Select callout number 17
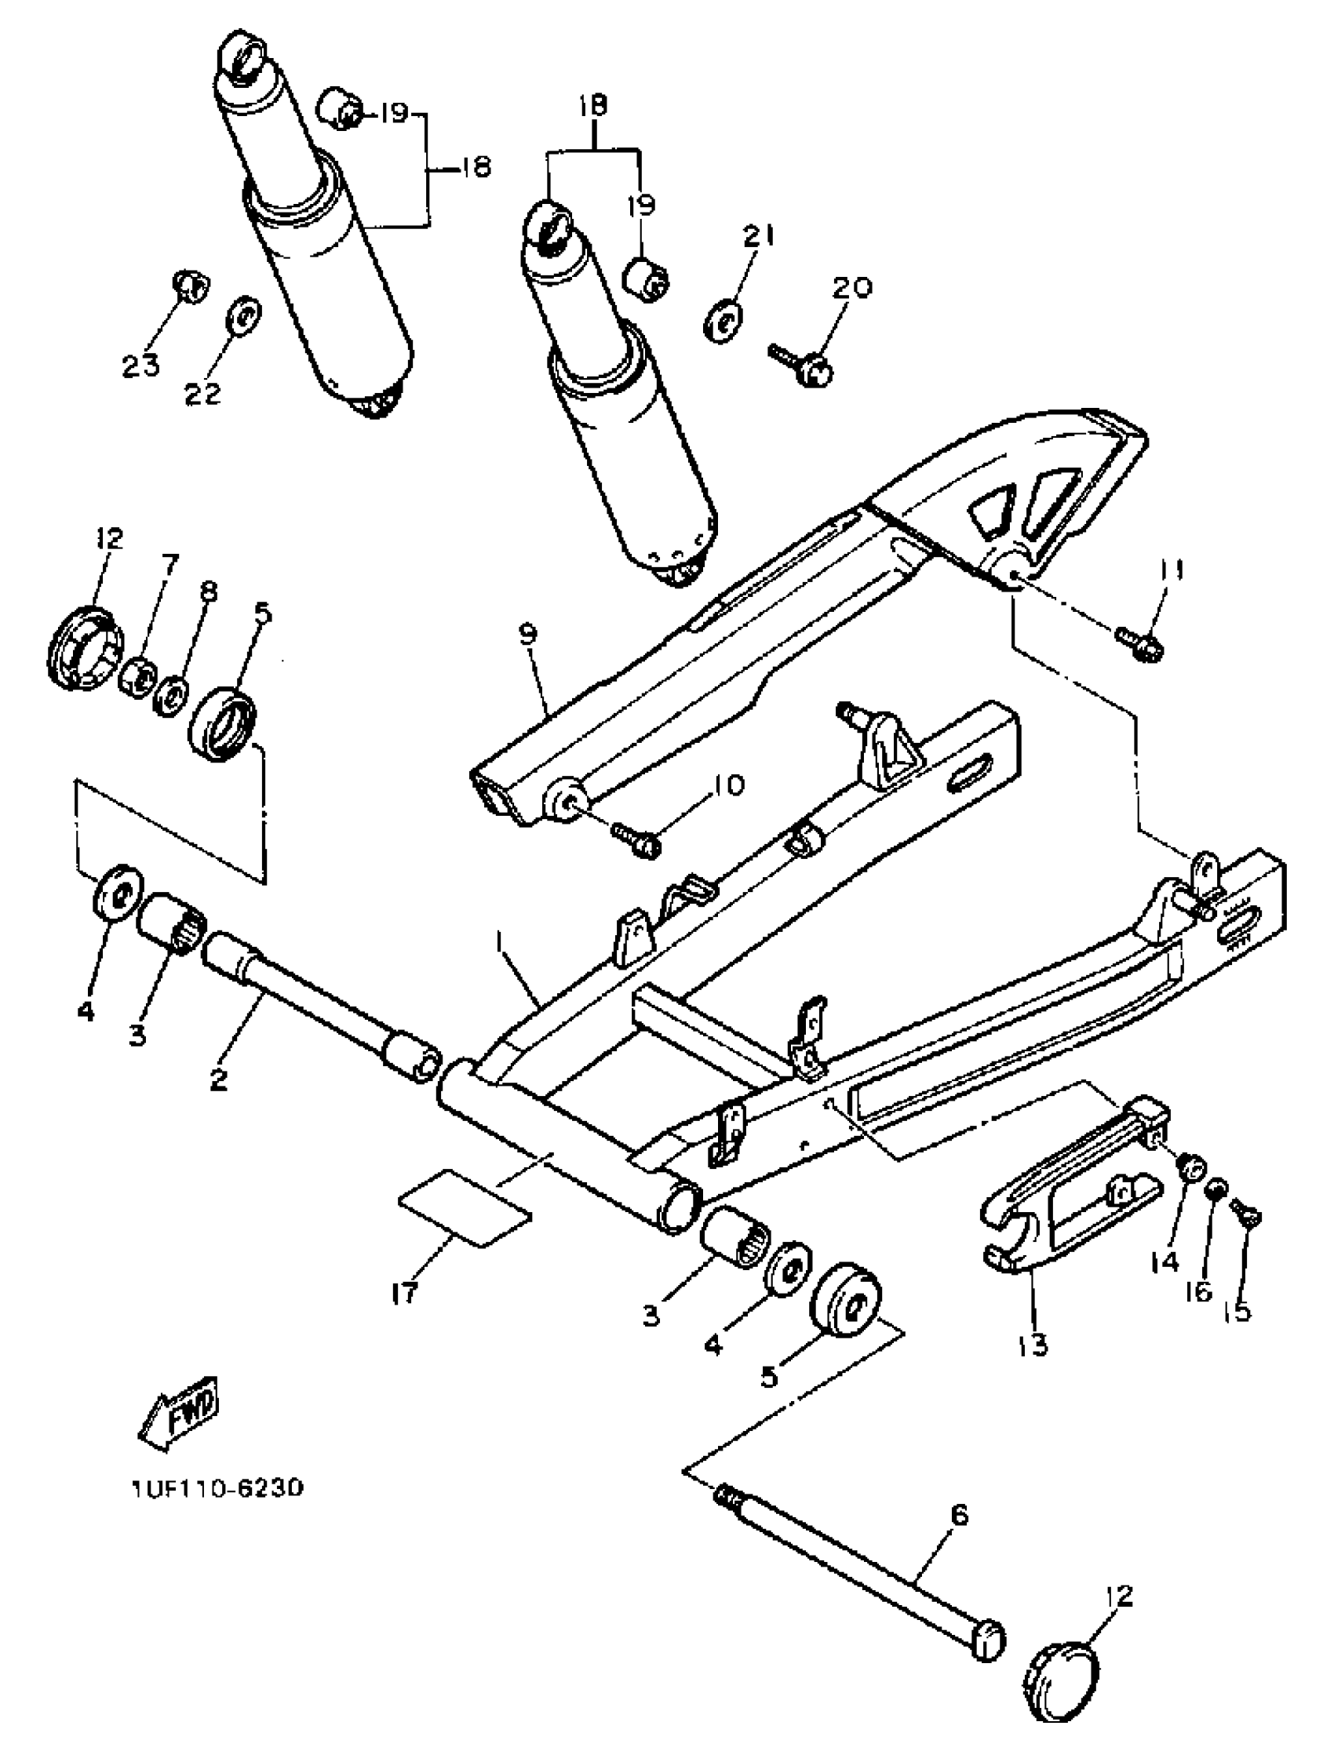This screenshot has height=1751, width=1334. (404, 1294)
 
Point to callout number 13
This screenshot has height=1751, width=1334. (1032, 1345)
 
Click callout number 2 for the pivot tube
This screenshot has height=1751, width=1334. (218, 1079)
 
